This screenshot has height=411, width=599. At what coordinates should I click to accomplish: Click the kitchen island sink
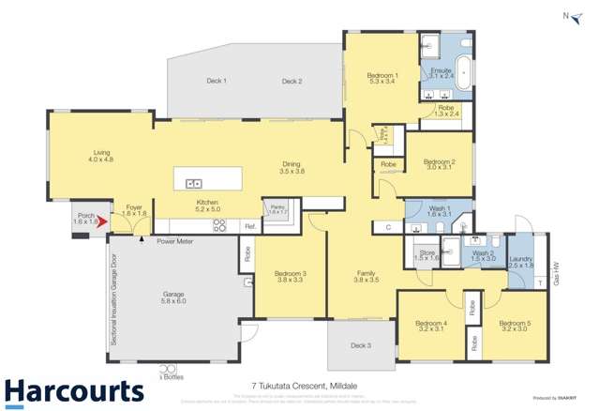pyautogui.click(x=194, y=183)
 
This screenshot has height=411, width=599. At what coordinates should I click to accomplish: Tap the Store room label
pyautogui.click(x=427, y=254)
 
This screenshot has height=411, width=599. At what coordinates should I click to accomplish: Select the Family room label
pyautogui.click(x=366, y=277)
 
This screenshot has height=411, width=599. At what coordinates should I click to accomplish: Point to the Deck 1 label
pyautogui.click(x=217, y=82)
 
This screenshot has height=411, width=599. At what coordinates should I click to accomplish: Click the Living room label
pyautogui.click(x=101, y=157)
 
